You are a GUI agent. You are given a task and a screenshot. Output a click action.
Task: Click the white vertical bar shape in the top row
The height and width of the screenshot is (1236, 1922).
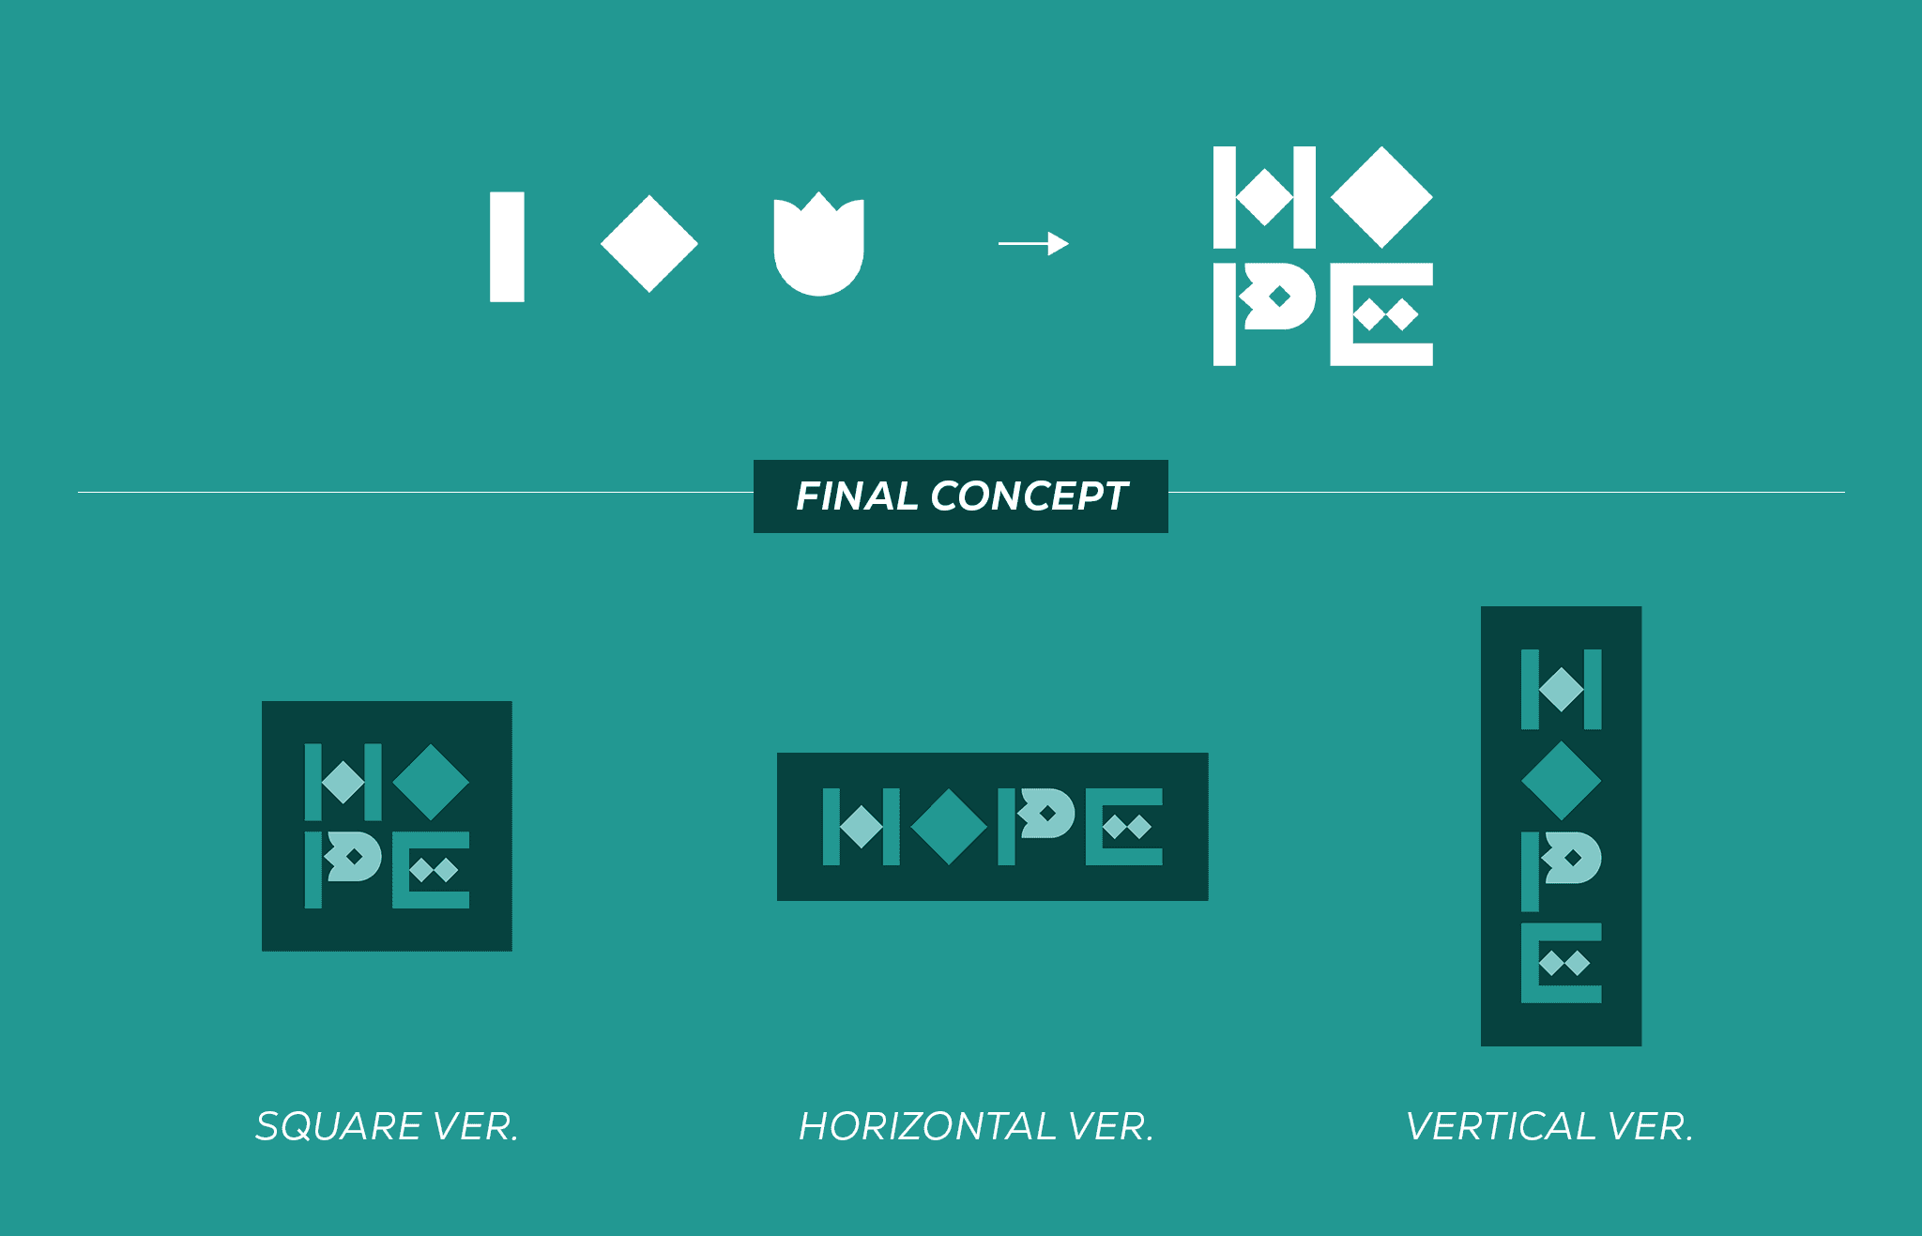[x=507, y=247]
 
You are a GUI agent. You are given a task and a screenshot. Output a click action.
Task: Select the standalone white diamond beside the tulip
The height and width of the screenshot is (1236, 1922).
[x=649, y=244]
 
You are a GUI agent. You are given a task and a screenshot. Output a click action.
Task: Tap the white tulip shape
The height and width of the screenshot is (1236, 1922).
[x=818, y=249]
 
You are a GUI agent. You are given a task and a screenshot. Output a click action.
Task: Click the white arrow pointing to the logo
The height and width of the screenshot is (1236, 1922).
[x=1033, y=244]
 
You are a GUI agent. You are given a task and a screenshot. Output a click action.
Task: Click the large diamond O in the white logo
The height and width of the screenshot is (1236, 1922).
[x=1381, y=197]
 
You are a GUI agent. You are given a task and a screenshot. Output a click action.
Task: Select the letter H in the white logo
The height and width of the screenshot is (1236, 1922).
[x=1264, y=197]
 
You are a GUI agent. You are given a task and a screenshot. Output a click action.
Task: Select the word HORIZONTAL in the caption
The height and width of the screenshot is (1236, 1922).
[x=927, y=1126]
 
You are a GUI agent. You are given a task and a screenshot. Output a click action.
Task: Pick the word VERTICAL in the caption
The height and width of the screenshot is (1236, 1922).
[x=1501, y=1126]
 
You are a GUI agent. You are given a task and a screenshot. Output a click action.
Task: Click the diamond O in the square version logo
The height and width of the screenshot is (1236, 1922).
[x=431, y=782]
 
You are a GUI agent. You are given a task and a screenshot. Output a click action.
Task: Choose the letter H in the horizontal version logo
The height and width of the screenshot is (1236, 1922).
[x=861, y=826]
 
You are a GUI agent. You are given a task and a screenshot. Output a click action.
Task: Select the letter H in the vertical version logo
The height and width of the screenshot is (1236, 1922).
[x=1561, y=689]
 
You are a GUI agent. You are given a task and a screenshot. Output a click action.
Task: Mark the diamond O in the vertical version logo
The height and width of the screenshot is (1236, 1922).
[x=1561, y=780]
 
